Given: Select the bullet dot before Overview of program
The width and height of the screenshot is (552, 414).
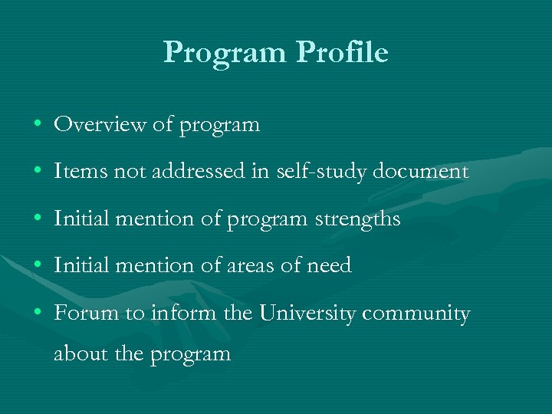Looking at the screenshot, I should (x=38, y=124).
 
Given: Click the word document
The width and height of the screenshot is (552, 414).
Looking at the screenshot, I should (x=420, y=171).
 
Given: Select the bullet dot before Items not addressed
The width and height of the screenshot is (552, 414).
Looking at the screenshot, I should (x=38, y=172).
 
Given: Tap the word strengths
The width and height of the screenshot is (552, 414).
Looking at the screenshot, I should (x=357, y=219).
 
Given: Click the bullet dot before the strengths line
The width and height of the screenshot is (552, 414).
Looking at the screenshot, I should (x=38, y=219).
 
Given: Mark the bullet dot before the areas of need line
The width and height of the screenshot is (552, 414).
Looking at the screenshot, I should (x=38, y=267).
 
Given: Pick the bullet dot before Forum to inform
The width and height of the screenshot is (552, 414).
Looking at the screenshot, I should (x=38, y=314).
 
